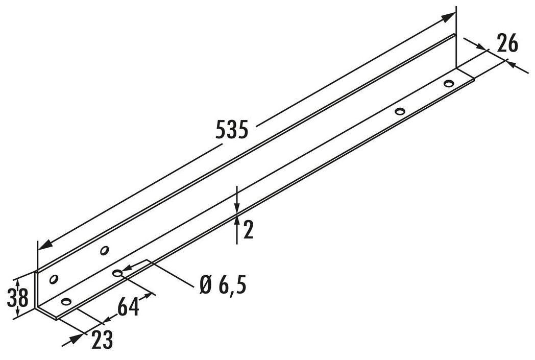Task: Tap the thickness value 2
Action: pos(248,230)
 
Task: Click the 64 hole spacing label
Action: pos(128,307)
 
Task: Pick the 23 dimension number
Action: pos(102,340)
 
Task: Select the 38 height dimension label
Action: pos(17,298)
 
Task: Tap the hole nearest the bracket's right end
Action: pos(449,83)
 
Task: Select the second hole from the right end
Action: pos(400,111)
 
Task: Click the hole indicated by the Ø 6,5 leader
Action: pos(117,273)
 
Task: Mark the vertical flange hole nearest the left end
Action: pos(53,279)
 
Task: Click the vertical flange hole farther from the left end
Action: pos(104,250)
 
